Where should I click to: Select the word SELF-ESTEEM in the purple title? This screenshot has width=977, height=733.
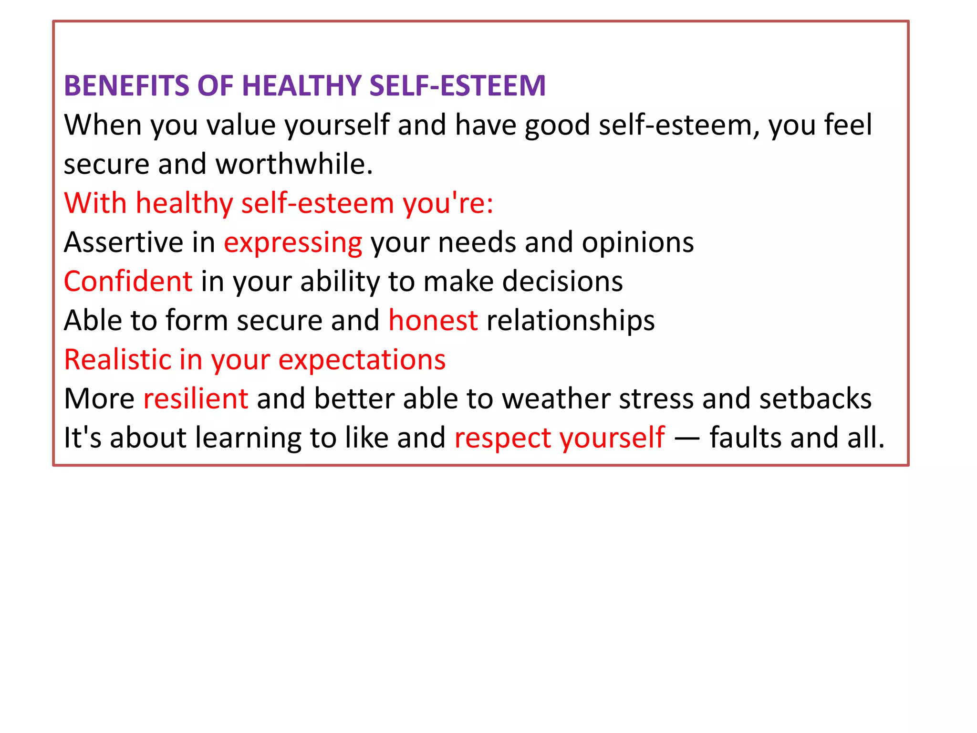457,86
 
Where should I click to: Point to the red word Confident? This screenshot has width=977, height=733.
128,281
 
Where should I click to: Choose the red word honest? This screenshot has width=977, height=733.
433,320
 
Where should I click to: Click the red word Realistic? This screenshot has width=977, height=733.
117,359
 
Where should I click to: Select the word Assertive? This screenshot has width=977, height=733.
124,242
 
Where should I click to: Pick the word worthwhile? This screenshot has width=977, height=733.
294,164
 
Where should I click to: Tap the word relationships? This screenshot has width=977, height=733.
570,321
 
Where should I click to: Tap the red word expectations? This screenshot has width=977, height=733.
362,360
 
